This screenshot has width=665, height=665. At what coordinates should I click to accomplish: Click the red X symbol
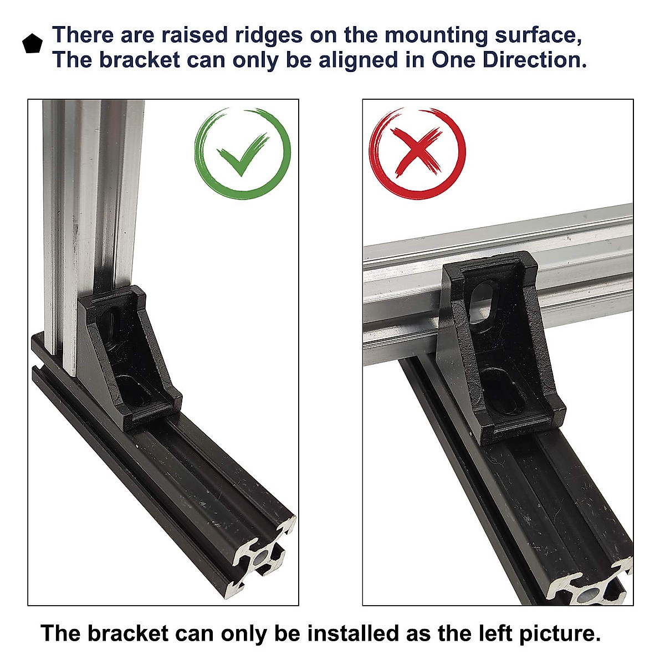(x=417, y=152)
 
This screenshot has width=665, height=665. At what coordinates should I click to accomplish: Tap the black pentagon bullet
(x=32, y=44)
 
